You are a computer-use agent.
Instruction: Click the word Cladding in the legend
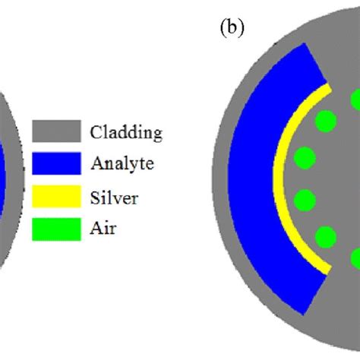pyautogui.click(x=126, y=132)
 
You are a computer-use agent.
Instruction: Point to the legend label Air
pyautogui.click(x=104, y=229)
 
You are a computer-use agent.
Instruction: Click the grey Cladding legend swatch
pyautogui.click(x=57, y=131)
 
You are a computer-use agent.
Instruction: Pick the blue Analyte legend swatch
pyautogui.click(x=57, y=163)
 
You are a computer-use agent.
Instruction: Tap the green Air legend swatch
pyautogui.click(x=57, y=229)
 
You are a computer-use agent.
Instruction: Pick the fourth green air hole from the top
pyautogui.click(x=305, y=201)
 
